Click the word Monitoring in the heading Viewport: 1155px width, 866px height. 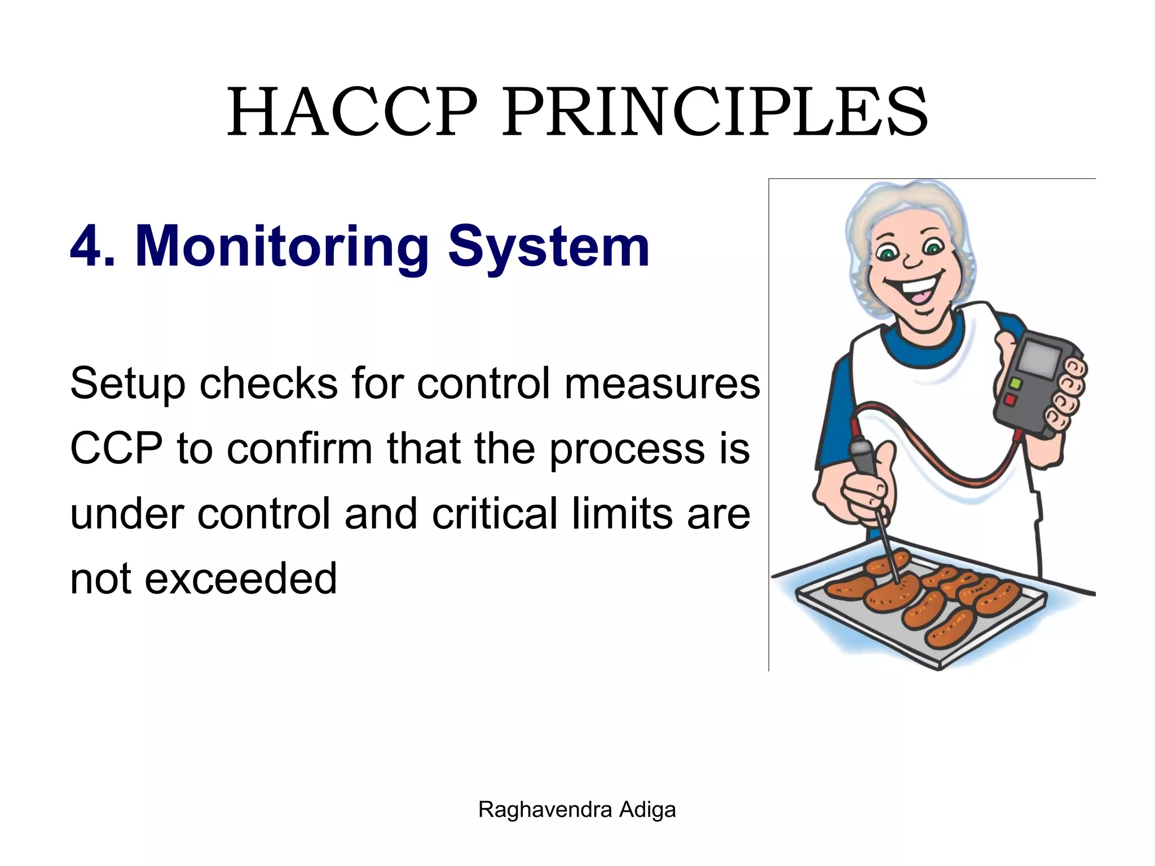(282, 247)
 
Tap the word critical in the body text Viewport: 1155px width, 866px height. (497, 514)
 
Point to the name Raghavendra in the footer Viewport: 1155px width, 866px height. (545, 810)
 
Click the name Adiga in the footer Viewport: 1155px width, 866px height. (647, 810)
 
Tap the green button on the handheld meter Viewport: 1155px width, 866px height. (1015, 384)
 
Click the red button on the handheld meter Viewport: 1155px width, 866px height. (1010, 400)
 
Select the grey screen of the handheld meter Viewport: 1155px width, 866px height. (1039, 359)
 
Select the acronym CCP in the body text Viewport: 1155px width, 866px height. (116, 449)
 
